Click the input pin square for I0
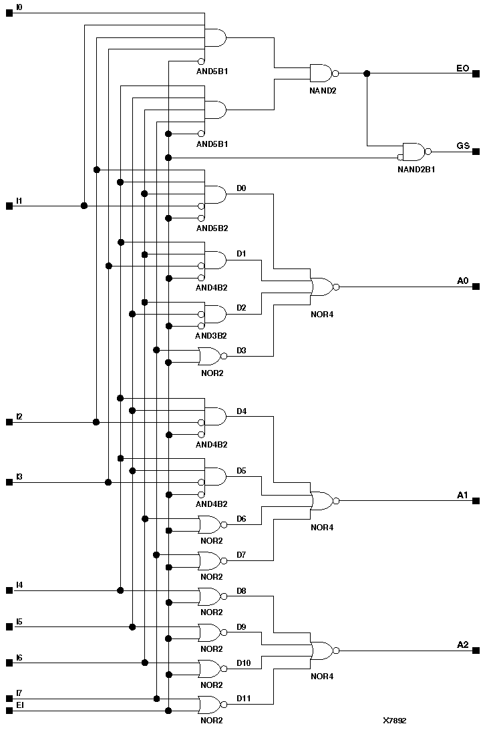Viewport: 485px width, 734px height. pyautogui.click(x=9, y=13)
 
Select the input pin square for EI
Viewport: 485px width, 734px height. pyautogui.click(x=9, y=711)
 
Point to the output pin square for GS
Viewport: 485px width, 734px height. pyautogui.click(x=476, y=152)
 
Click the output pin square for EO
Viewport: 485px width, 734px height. pyautogui.click(x=476, y=73)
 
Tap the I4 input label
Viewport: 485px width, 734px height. pyautogui.click(x=19, y=585)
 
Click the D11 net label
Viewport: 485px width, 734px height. pyautogui.click(x=243, y=699)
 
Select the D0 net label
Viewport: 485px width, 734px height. pyautogui.click(x=241, y=188)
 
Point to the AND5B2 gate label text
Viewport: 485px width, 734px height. pyautogui.click(x=212, y=228)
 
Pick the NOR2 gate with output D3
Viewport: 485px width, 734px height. pyautogui.click(x=210, y=356)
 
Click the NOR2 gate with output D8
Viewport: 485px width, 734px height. pyautogui.click(x=210, y=596)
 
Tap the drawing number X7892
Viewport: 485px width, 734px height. pyautogui.click(x=394, y=721)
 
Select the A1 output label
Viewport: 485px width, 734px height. pyautogui.click(x=462, y=495)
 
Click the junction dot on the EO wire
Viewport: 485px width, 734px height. pyautogui.click(x=366, y=73)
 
